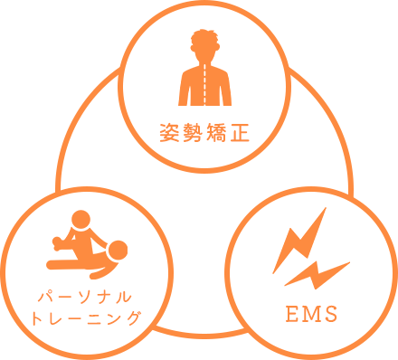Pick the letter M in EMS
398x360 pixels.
[310, 315]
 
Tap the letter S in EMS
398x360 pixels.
[330, 315]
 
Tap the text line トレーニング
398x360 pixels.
[83, 318]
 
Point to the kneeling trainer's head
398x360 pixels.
[81, 219]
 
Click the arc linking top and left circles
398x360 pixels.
[80, 127]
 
